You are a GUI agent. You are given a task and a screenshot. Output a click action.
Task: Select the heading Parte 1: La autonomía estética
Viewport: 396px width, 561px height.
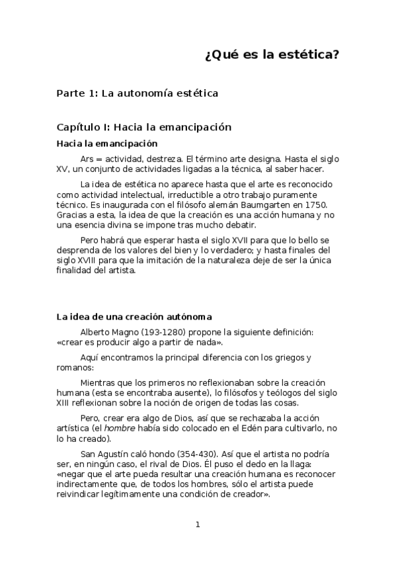(x=138, y=93)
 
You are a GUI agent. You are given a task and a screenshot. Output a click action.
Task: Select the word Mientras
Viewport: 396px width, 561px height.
(x=99, y=383)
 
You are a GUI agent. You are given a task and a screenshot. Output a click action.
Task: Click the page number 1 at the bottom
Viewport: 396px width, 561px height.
(x=198, y=525)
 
